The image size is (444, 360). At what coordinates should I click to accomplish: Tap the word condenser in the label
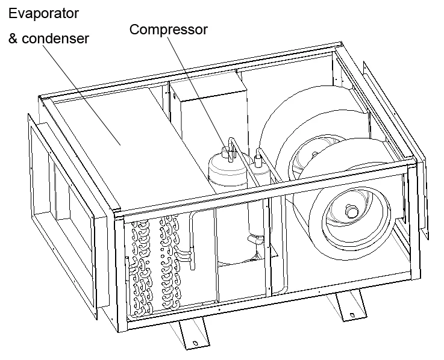coord(57,39)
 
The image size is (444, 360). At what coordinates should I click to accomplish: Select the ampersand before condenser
coord(13,39)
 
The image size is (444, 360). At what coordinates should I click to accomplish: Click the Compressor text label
coord(168,29)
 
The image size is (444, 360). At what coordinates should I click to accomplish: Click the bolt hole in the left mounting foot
coord(195,344)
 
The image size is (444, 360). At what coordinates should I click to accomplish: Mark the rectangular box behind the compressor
coord(208,111)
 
